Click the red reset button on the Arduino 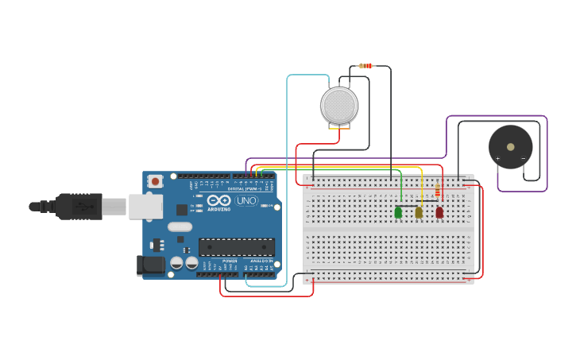click(x=156, y=181)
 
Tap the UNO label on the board click(x=246, y=200)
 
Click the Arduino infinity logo click(x=220, y=200)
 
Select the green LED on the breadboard click(x=398, y=212)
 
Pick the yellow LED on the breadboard click(x=419, y=212)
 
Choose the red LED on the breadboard click(x=439, y=212)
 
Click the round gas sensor click(x=339, y=105)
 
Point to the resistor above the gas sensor click(x=365, y=66)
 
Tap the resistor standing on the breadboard click(x=438, y=190)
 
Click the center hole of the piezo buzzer click(x=510, y=147)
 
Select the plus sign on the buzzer click(x=498, y=158)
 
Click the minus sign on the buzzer click(x=522, y=158)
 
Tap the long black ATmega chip click(x=237, y=247)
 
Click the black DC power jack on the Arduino click(x=150, y=265)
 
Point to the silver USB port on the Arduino click(x=145, y=207)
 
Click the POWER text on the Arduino click(x=230, y=261)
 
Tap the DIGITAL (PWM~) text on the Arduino click(x=246, y=188)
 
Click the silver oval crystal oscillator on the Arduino click(x=180, y=226)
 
